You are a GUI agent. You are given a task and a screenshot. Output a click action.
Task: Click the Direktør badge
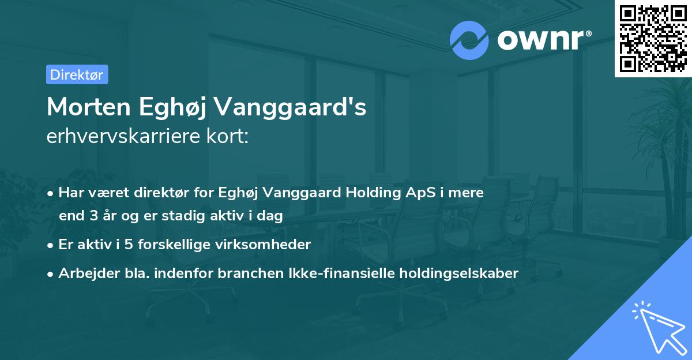[x=77, y=74]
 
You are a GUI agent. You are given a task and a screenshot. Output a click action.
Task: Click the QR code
[x=653, y=38]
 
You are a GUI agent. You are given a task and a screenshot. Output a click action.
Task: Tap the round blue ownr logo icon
[x=469, y=40]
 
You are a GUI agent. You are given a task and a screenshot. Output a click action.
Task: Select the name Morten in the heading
[x=88, y=107]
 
